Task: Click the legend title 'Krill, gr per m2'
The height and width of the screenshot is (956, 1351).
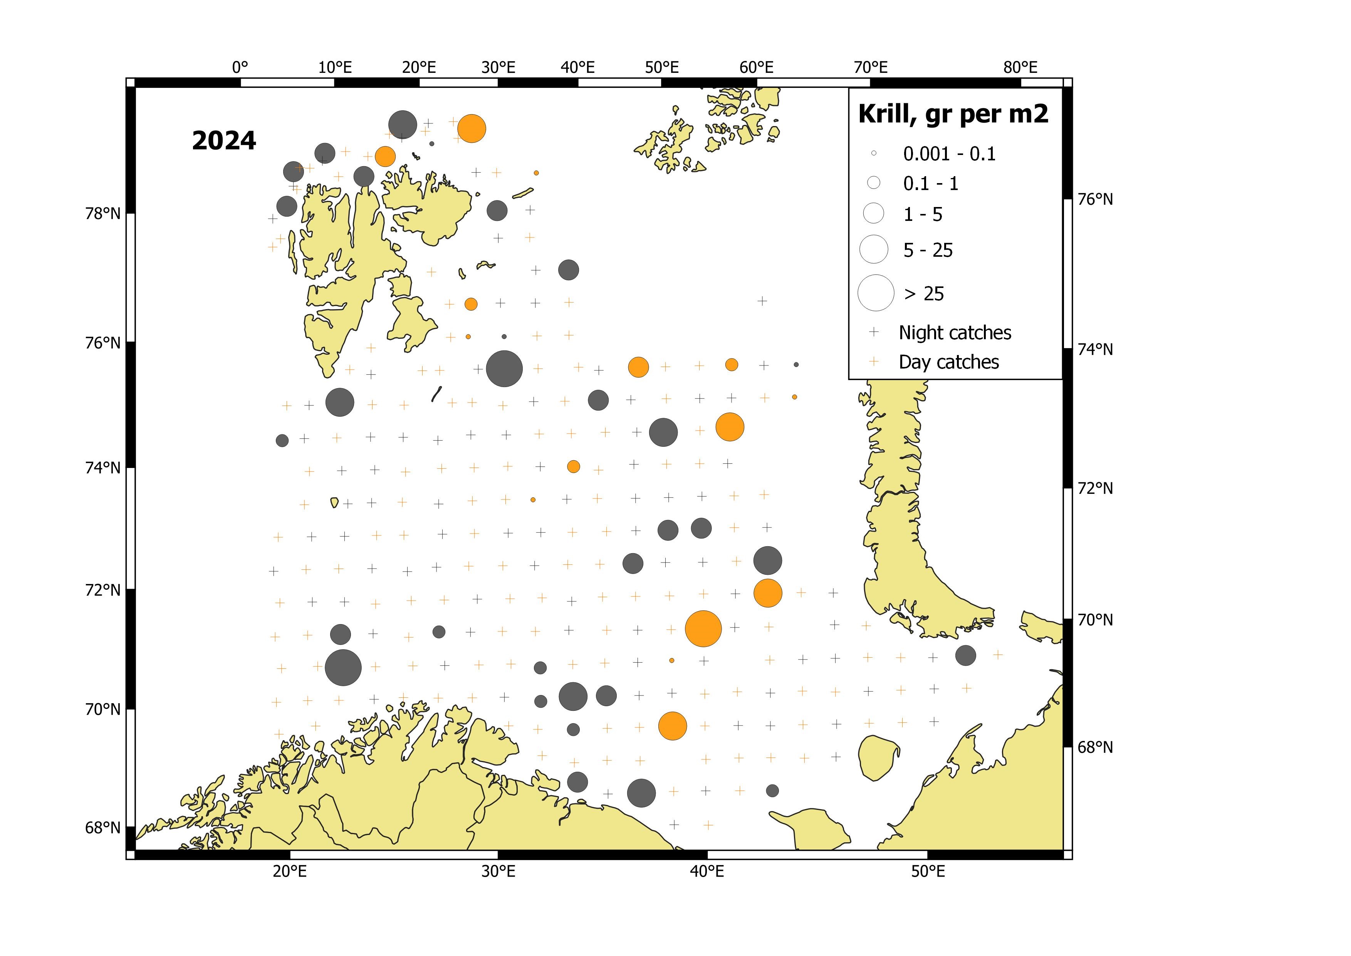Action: pyautogui.click(x=953, y=114)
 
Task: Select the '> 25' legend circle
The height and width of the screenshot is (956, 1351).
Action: pyautogui.click(x=876, y=293)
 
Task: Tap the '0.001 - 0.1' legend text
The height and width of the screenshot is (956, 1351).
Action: pyautogui.click(x=949, y=154)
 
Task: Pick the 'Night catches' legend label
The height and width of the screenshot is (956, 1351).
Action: pyautogui.click(x=955, y=333)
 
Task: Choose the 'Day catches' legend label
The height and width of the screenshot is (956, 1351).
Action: pyautogui.click(x=948, y=362)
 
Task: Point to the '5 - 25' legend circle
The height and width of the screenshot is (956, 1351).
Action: pyautogui.click(x=874, y=249)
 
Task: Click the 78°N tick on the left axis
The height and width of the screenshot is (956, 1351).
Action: pyautogui.click(x=103, y=213)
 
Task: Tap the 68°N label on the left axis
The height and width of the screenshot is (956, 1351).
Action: pyautogui.click(x=103, y=828)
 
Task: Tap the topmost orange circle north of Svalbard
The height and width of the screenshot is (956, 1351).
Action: pyautogui.click(x=471, y=128)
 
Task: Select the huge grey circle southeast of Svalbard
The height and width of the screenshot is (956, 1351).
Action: pyautogui.click(x=504, y=369)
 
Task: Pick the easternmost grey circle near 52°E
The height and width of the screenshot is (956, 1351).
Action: pyautogui.click(x=965, y=655)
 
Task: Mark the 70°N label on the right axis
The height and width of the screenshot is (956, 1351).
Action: pyautogui.click(x=1095, y=619)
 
